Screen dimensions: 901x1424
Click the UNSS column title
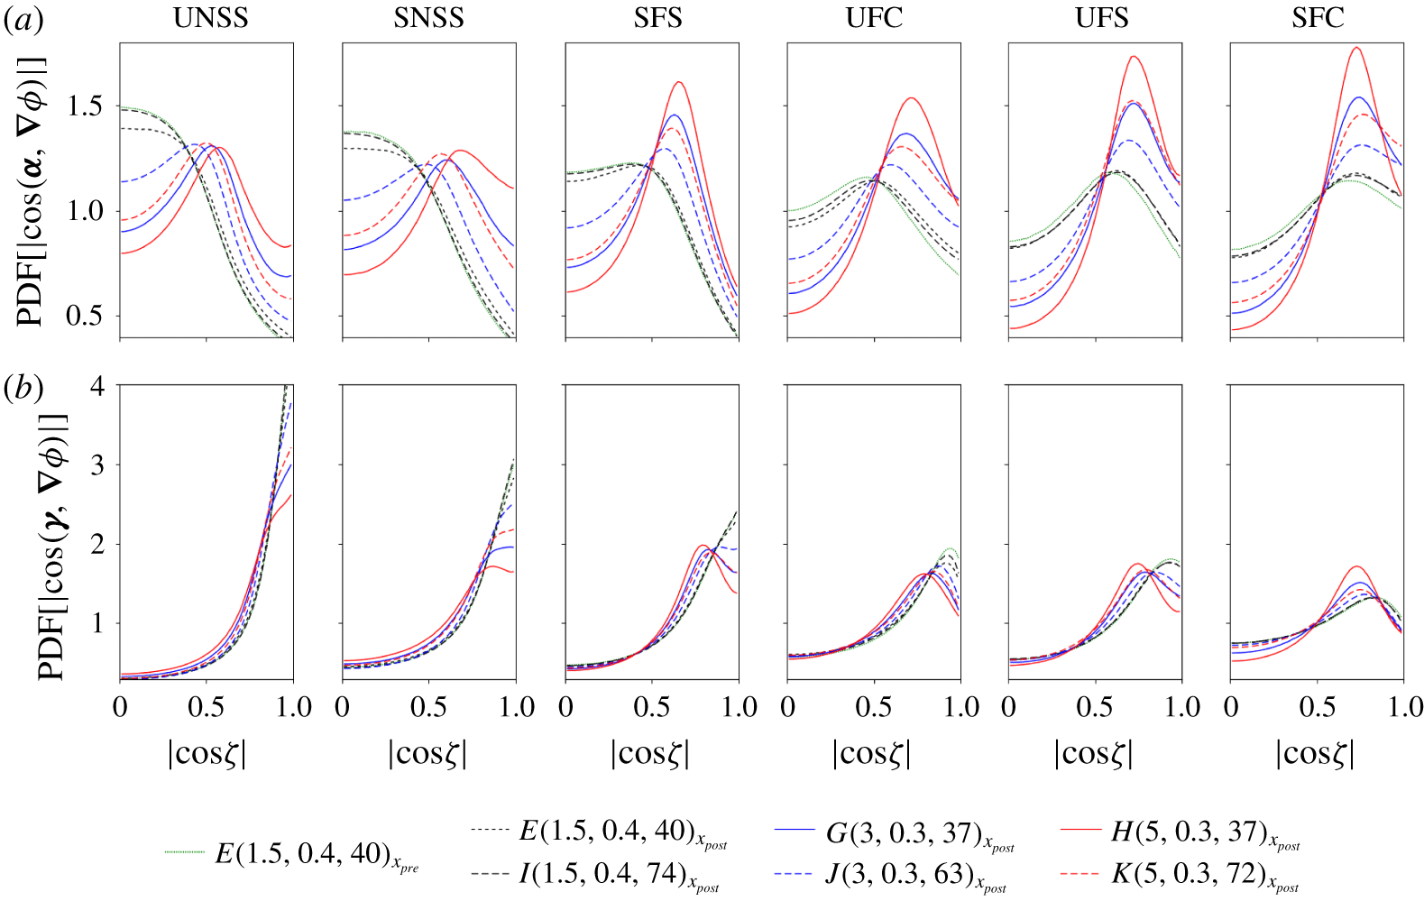(x=210, y=18)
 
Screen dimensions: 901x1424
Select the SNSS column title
(x=428, y=18)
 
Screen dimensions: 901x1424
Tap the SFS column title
(x=657, y=18)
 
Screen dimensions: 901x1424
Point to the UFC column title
(x=874, y=18)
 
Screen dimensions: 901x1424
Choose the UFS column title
(x=1101, y=18)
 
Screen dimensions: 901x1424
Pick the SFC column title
(x=1318, y=18)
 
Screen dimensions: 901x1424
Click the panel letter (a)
(x=23, y=20)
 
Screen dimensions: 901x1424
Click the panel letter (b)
(x=23, y=388)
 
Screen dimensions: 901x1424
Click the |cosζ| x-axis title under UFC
(x=871, y=752)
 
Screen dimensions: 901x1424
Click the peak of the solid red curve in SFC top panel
(x=1355, y=48)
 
